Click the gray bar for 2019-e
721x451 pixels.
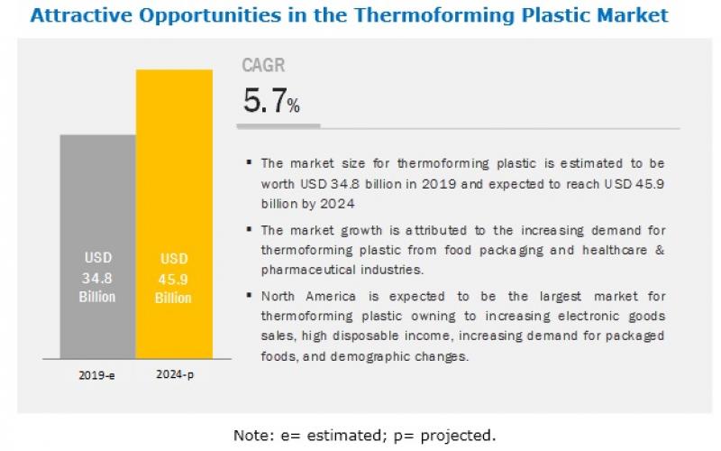(x=98, y=246)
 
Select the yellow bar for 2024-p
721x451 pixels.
(x=174, y=214)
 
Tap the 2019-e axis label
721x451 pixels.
(x=96, y=375)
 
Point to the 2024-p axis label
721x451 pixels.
(x=175, y=374)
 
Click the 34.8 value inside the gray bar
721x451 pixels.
(x=97, y=278)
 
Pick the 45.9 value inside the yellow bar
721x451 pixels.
(x=173, y=280)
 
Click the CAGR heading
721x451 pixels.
(x=263, y=65)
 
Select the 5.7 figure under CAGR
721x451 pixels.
(x=265, y=100)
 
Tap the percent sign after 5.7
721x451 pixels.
(x=294, y=106)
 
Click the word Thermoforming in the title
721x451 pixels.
(x=434, y=15)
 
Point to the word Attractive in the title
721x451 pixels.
(x=81, y=15)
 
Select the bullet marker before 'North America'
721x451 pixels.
(x=250, y=295)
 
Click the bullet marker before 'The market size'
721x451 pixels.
(x=250, y=162)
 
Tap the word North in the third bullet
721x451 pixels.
(x=278, y=296)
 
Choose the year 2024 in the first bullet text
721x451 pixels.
(x=337, y=204)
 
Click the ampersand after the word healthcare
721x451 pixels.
(x=661, y=250)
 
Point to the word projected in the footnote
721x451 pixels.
(x=458, y=436)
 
